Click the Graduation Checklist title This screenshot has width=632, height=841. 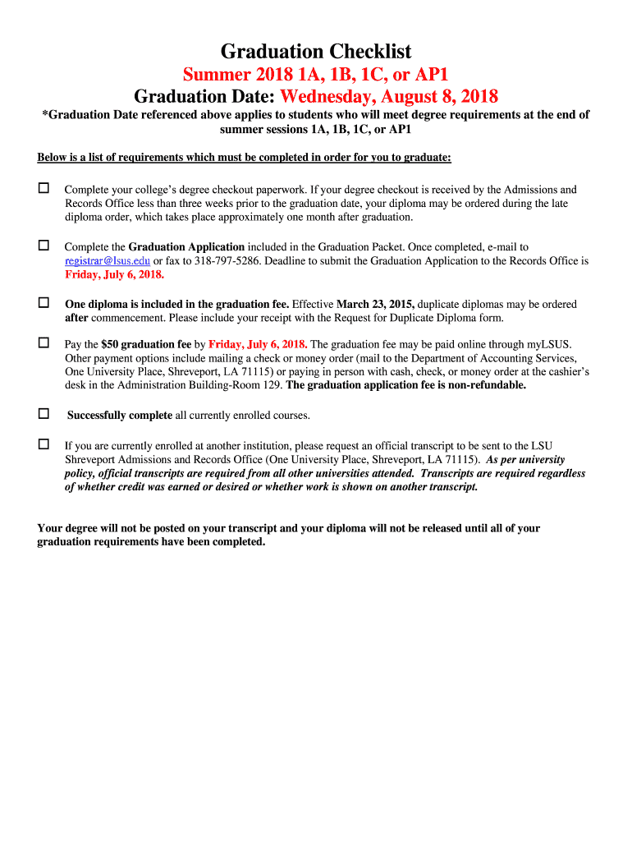316,52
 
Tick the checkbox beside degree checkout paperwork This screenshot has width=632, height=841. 44,189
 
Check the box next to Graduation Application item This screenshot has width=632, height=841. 44,246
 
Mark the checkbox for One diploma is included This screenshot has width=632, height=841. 44,303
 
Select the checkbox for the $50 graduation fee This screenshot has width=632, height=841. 44,343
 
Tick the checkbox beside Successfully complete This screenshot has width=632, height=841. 44,414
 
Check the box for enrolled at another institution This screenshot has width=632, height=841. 44,444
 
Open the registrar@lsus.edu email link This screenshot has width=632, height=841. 107,261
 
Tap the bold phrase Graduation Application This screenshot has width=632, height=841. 186,246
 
